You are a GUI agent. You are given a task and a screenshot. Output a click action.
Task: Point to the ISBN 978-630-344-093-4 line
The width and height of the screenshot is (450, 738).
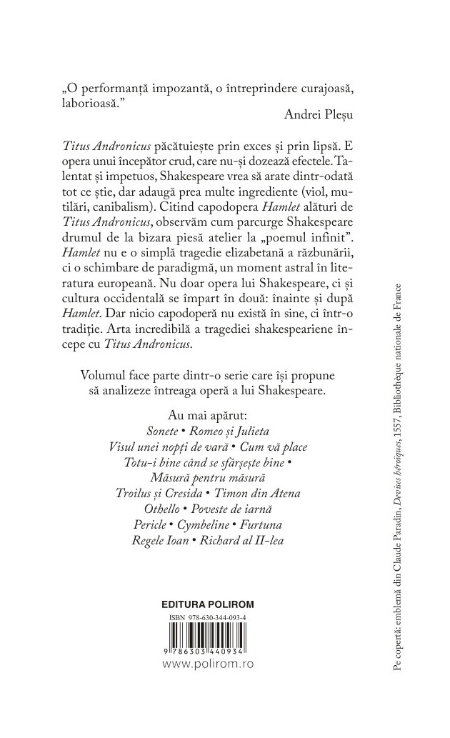click(x=208, y=614)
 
